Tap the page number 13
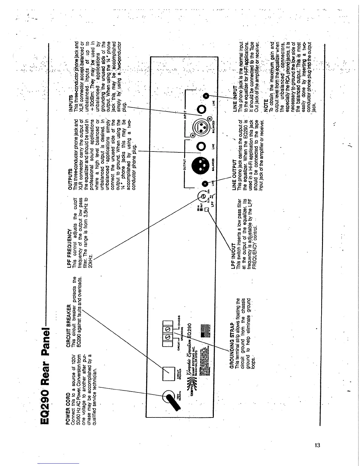(x=317, y=445)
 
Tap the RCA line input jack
(x=206, y=96)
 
